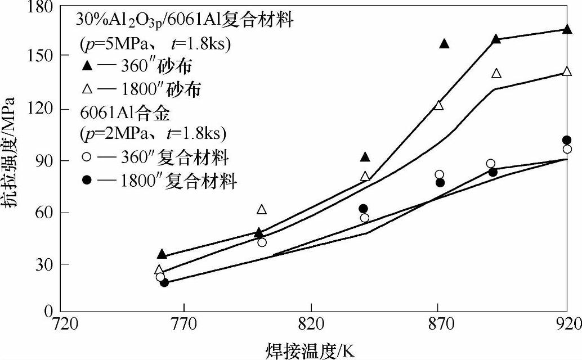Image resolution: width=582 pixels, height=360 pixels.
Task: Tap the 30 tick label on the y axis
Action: (45, 264)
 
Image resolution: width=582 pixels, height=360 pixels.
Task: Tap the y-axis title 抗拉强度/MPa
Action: (12, 161)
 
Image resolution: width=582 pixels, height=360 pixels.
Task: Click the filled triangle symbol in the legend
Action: (86, 66)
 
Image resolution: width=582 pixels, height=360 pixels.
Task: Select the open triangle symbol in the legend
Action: (86, 88)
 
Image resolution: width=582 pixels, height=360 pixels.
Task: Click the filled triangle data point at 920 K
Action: (567, 29)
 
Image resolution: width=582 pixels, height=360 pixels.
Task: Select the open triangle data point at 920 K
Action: (567, 71)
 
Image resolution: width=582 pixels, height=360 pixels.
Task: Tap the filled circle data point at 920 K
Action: (567, 140)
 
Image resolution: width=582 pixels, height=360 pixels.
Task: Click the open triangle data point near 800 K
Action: (262, 210)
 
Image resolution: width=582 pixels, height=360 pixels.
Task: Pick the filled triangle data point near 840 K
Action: (365, 157)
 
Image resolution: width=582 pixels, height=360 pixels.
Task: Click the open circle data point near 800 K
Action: (262, 242)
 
